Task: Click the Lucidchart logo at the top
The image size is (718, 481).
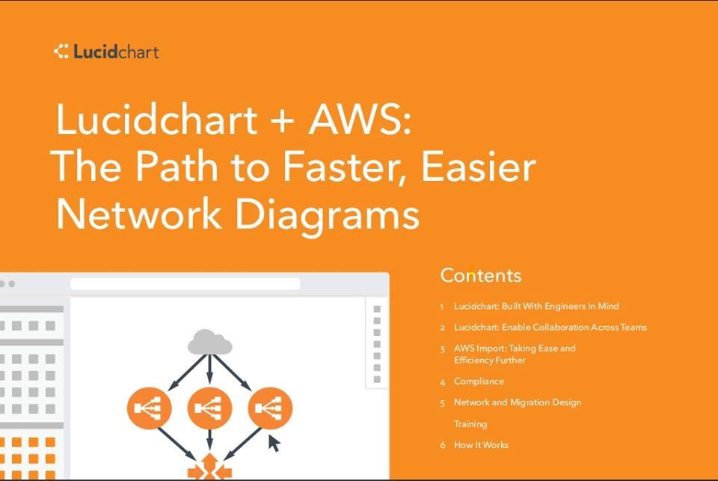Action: point(106,52)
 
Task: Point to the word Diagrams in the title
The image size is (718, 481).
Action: point(326,215)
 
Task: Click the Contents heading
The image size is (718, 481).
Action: point(480,275)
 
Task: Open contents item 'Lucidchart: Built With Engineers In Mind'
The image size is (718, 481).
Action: point(536,306)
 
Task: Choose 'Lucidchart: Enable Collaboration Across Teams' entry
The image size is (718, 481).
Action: point(550,327)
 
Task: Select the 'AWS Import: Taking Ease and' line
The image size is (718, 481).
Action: point(515,348)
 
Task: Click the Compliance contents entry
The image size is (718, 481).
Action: point(479,382)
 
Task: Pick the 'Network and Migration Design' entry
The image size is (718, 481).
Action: point(518,402)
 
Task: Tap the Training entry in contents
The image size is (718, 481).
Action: point(470,424)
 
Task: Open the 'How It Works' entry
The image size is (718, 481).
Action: point(481,445)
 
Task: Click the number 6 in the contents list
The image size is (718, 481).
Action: point(443,445)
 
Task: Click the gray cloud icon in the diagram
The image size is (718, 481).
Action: point(209,342)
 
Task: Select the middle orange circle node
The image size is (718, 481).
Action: point(209,408)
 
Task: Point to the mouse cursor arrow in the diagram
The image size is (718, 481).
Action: point(274,443)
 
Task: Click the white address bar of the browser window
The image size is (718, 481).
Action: point(185,284)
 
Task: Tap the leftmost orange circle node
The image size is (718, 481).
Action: point(150,408)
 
